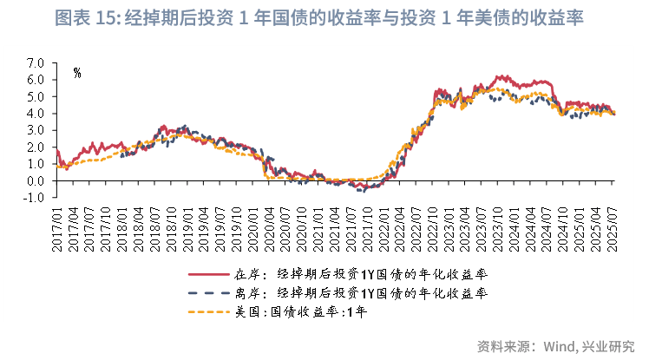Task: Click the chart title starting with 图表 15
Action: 331,18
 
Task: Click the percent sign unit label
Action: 77,73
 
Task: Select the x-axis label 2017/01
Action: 56,228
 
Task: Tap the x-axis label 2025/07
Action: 612,228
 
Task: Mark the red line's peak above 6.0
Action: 498,76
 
